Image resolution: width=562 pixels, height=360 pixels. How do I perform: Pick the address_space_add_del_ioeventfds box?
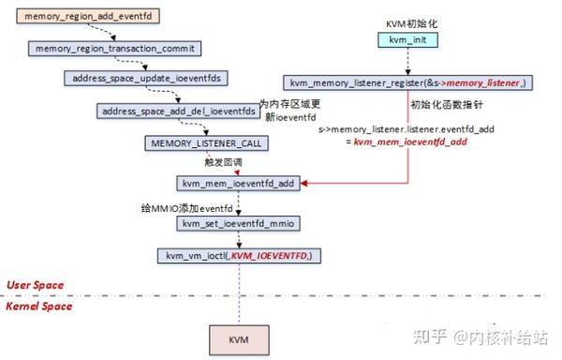[x=177, y=111]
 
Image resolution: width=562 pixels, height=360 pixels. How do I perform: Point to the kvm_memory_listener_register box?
[x=409, y=84]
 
